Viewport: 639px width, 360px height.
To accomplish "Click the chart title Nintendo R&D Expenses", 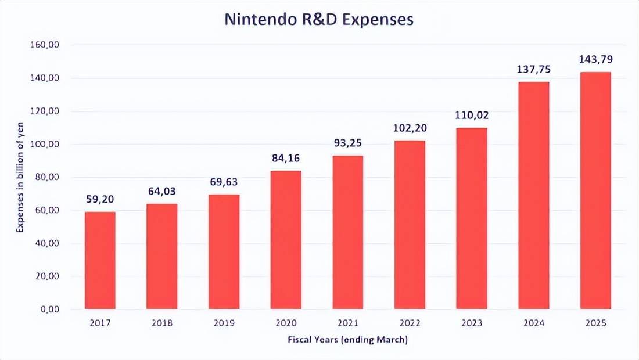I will point(319,19).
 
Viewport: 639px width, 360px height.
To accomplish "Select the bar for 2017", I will point(100,260).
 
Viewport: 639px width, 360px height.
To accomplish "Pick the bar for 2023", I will point(472,218).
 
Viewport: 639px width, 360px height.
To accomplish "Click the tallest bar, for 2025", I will point(595,190).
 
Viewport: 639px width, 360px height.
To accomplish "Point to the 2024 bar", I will point(533,195).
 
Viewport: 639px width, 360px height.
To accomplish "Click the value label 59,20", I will point(100,200).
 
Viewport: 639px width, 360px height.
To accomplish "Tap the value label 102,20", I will point(410,128).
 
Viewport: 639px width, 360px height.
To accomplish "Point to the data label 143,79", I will point(595,59).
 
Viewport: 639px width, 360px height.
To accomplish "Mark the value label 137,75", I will point(533,69).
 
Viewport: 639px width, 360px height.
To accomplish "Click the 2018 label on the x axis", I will point(161,323).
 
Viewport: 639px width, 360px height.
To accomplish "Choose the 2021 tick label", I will point(347,323).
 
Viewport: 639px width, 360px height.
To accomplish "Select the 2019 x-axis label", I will point(224,323).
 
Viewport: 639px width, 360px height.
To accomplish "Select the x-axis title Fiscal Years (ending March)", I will point(347,340).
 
